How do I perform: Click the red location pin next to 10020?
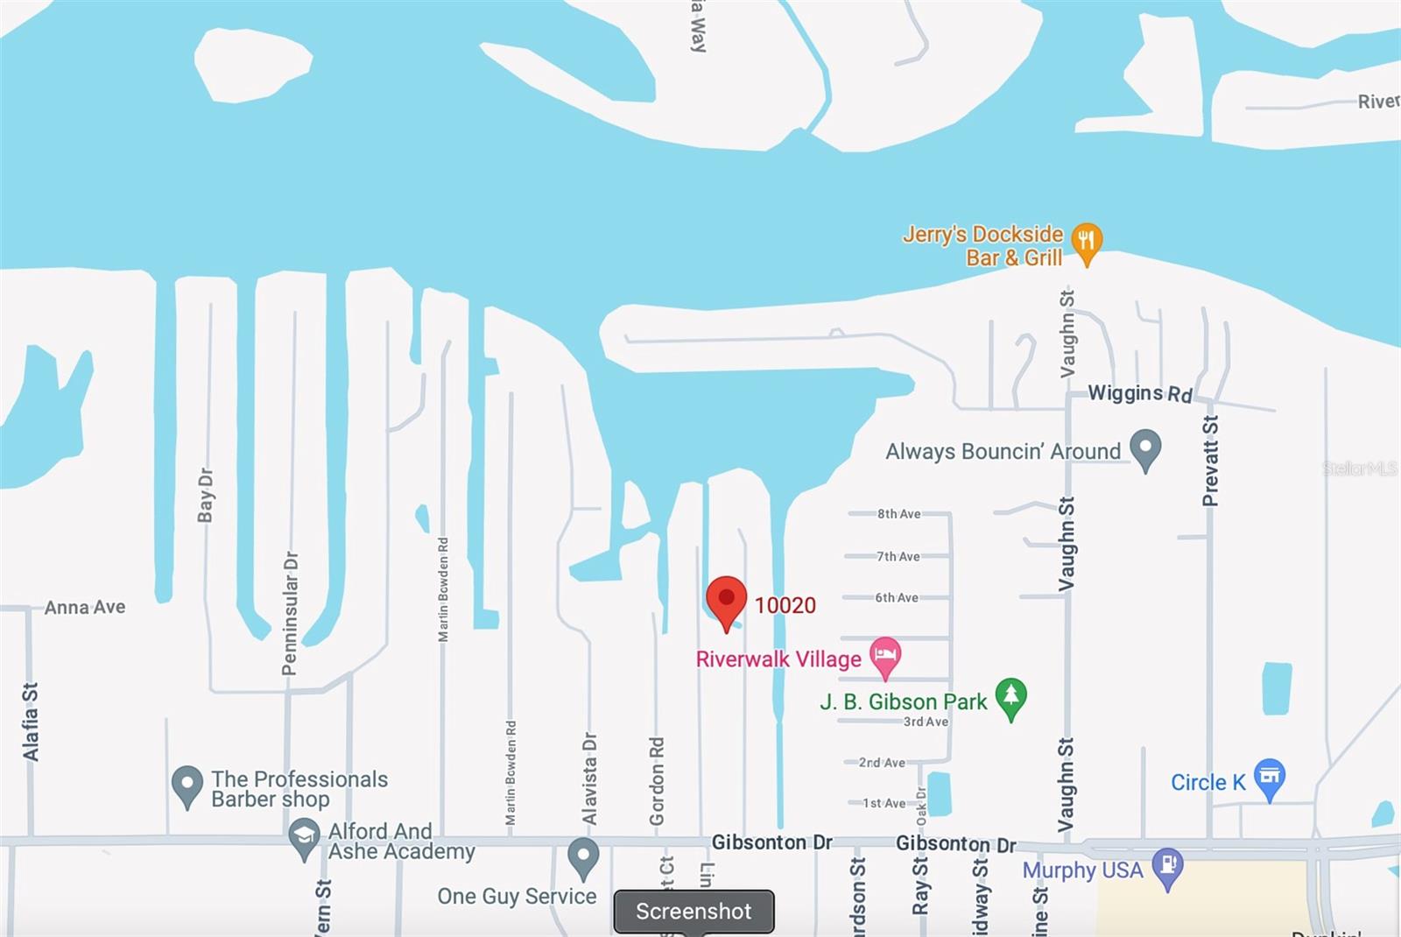pos(726,600)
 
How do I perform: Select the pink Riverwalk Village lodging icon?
pos(885,654)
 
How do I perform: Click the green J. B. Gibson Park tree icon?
pos(1011,697)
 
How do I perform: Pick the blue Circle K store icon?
pos(1269,777)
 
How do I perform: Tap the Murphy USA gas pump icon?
pos(1167,866)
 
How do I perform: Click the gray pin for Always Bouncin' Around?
pos(1145,447)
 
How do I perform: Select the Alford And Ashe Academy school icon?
pos(304,836)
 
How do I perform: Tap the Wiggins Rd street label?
pos(1139,393)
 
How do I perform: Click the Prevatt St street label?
pos(1210,461)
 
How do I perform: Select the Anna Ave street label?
pos(85,607)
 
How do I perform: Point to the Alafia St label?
pos(31,722)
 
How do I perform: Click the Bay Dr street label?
pos(206,495)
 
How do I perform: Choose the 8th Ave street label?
pos(898,514)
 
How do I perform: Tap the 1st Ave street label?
pos(884,803)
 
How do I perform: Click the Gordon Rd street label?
pos(657,781)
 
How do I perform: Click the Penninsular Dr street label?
pos(290,613)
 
